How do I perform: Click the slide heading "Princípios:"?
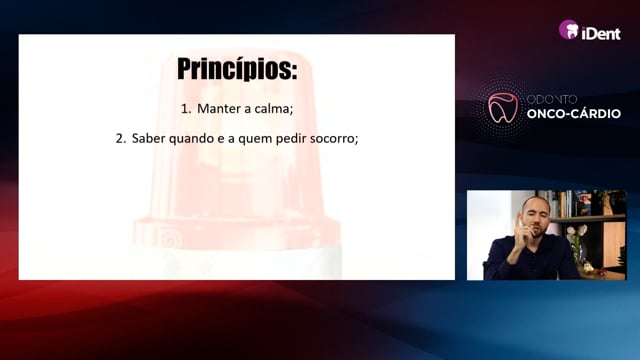[x=237, y=69]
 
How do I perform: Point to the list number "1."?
[x=186, y=109]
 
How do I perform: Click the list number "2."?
[x=121, y=139]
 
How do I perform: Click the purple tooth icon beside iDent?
[x=569, y=30]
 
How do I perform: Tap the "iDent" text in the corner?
[x=601, y=33]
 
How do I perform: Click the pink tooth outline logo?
[x=503, y=108]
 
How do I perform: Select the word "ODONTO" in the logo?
[x=551, y=99]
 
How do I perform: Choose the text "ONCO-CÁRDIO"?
[x=573, y=113]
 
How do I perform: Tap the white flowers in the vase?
[x=576, y=231]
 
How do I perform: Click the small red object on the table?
[x=600, y=271]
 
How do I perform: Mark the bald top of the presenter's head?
[x=535, y=201]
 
